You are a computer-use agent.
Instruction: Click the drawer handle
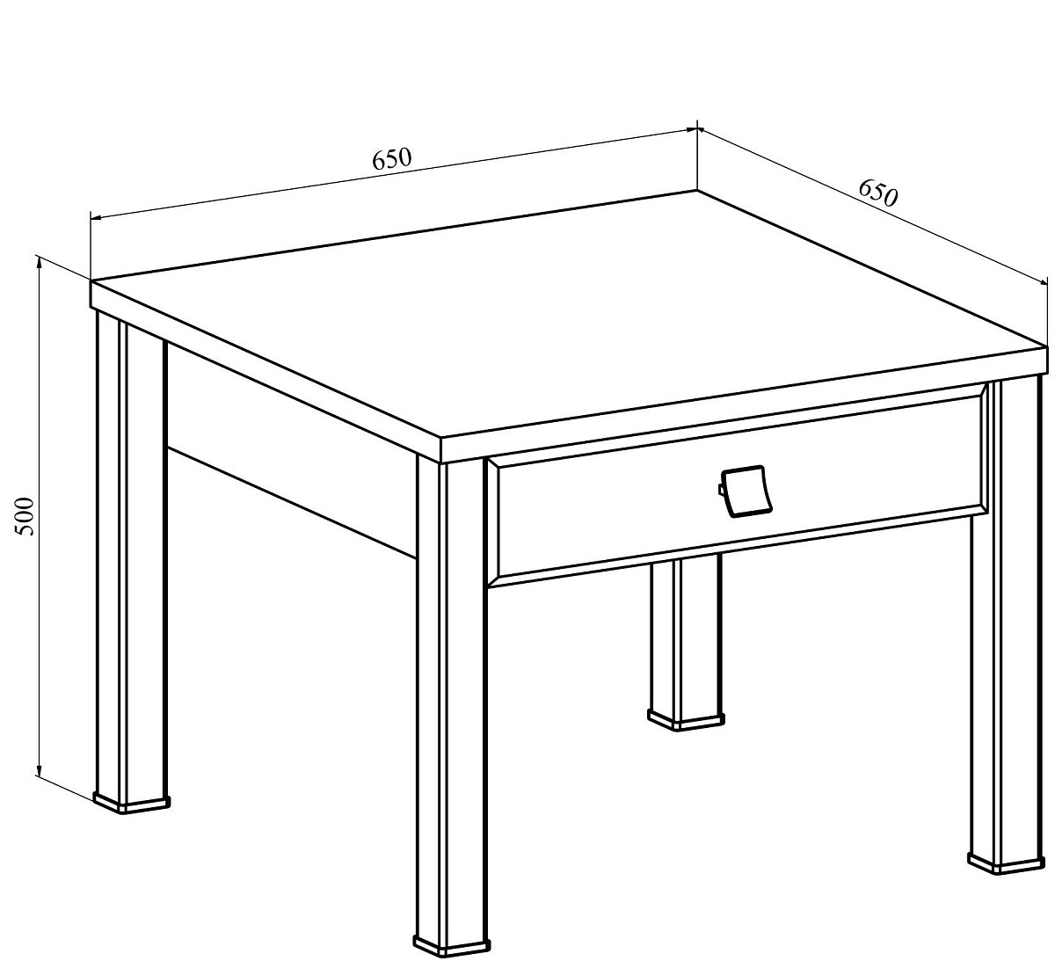(x=746, y=491)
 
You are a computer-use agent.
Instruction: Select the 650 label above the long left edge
(x=391, y=158)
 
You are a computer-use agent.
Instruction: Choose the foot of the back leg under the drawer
(x=685, y=718)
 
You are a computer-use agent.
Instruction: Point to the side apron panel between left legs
(x=291, y=450)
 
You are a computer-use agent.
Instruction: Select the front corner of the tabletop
(x=440, y=438)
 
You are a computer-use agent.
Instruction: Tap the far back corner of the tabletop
(x=697, y=191)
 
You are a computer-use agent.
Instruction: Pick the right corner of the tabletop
(x=1046, y=347)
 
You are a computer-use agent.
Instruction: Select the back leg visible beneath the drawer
(x=686, y=636)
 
